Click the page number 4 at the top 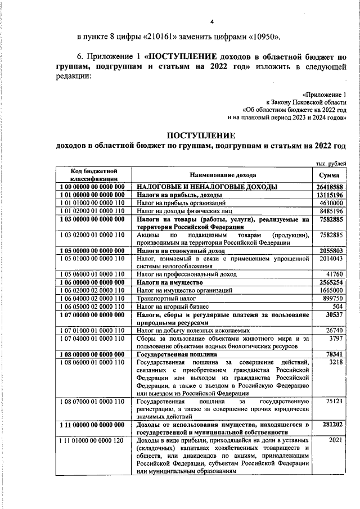(212, 22)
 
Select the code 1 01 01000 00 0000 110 (92, 202)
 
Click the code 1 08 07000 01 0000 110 (92, 402)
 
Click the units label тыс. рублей (329, 164)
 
